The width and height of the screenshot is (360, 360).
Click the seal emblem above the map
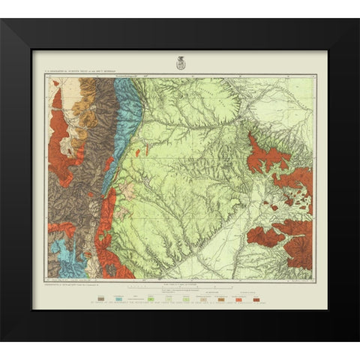point(179,63)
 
